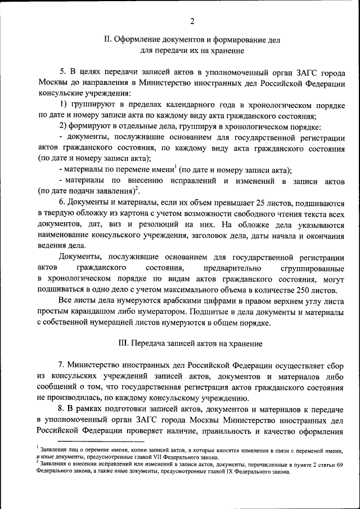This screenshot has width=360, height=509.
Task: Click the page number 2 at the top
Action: [192, 21]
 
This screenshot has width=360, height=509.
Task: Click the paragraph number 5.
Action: [63, 73]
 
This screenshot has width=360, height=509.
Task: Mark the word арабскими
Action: [168, 301]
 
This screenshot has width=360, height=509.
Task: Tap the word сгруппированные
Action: [312, 268]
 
